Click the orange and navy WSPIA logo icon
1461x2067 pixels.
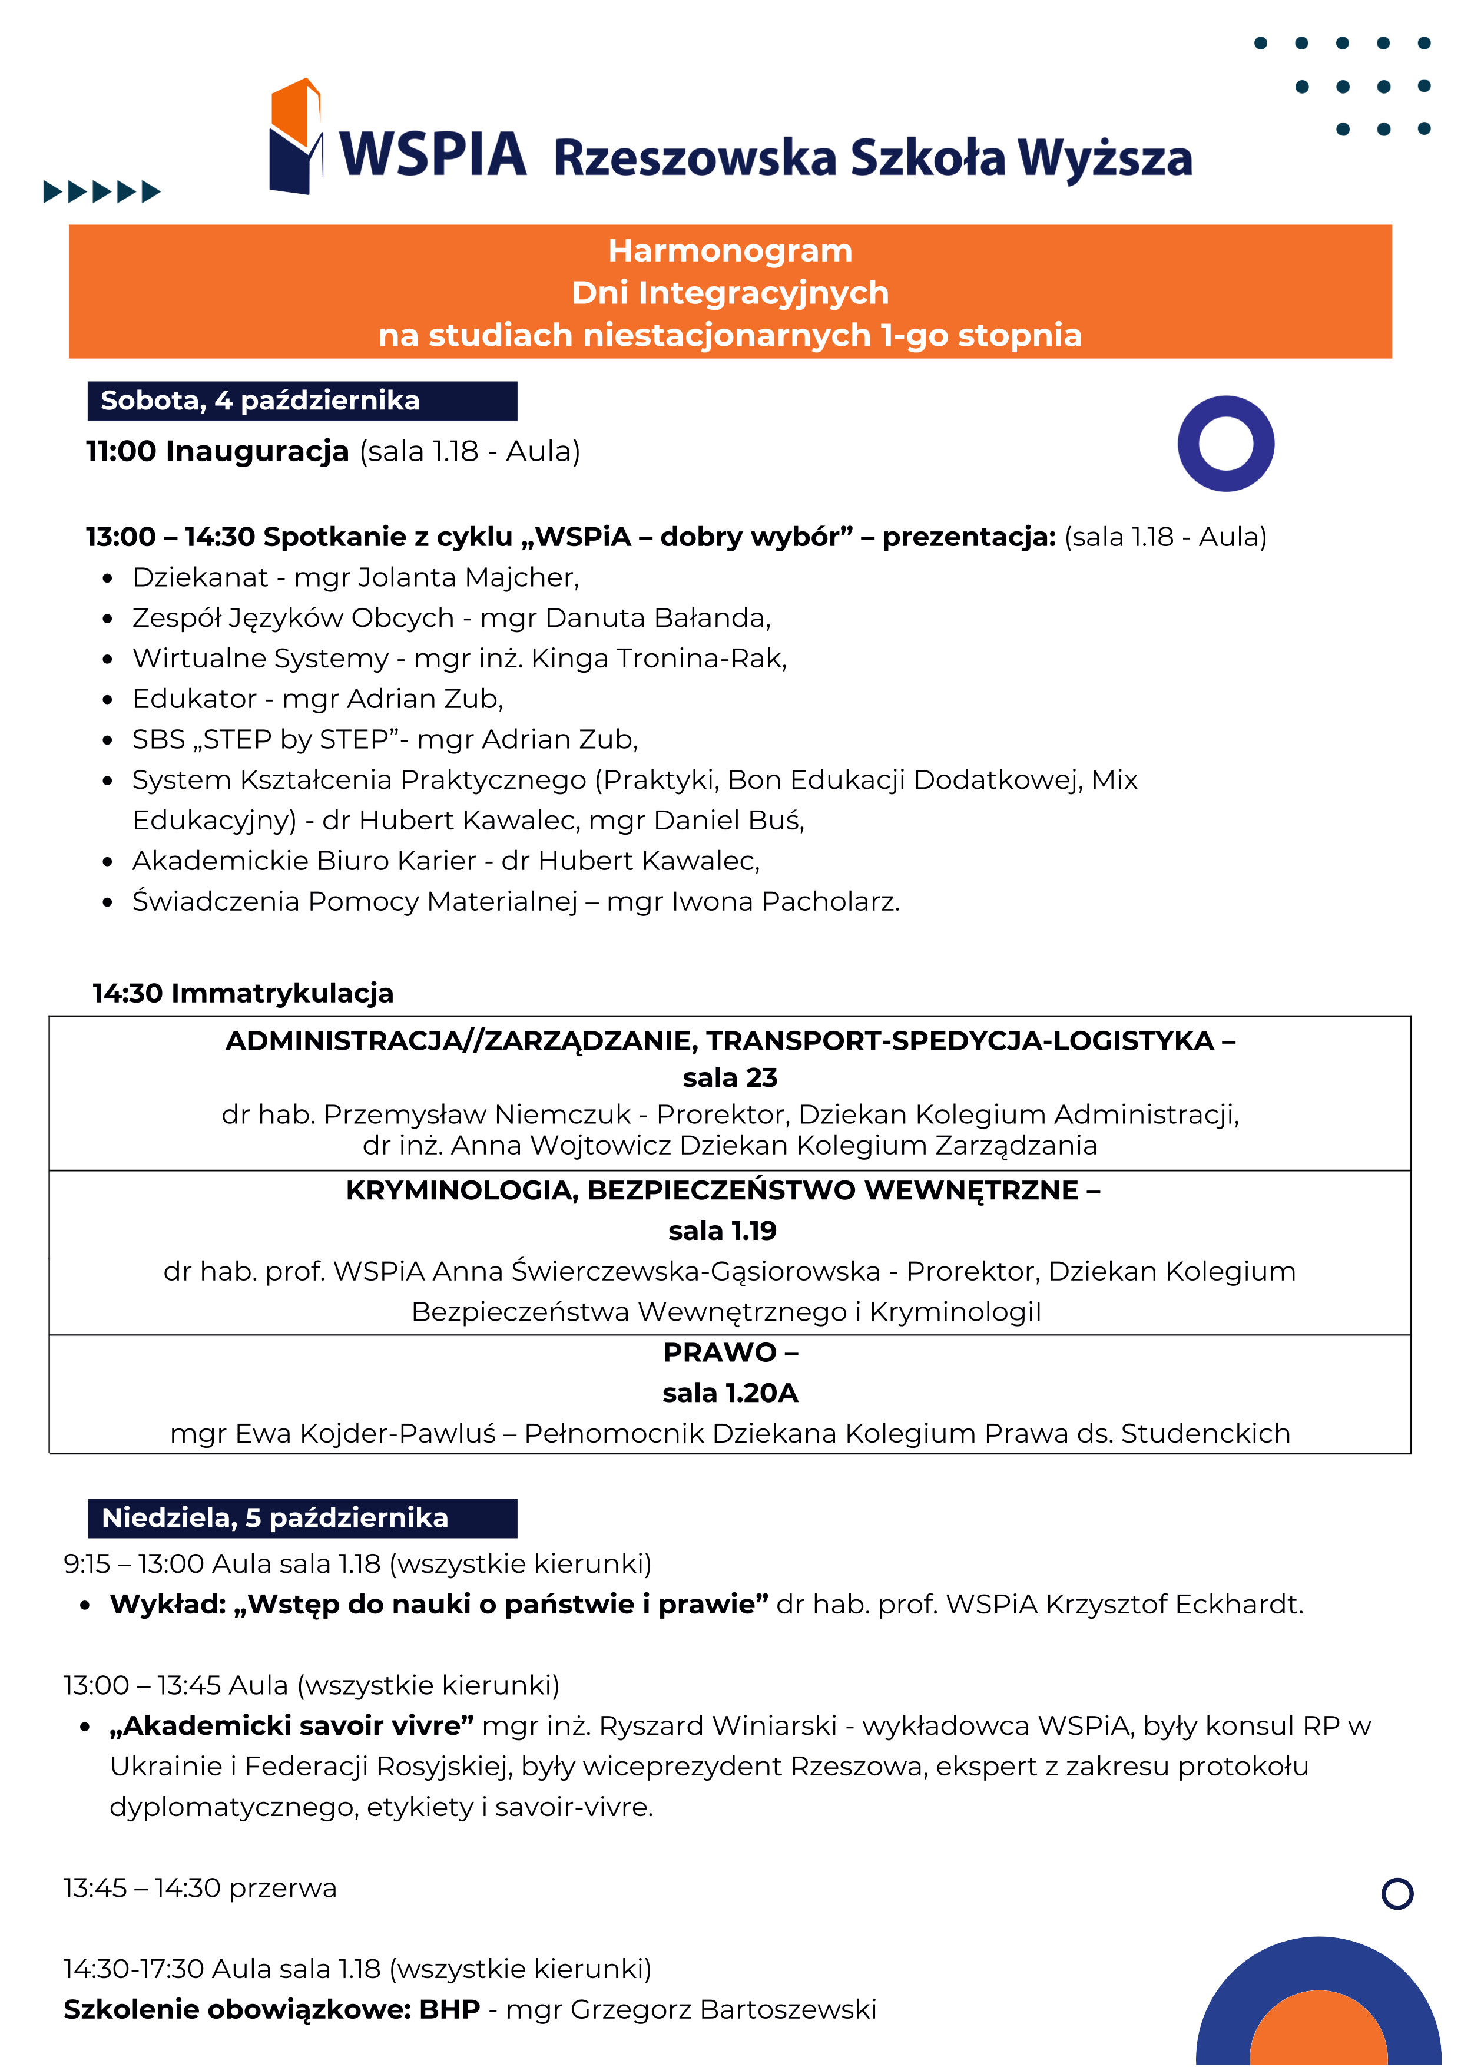(295, 137)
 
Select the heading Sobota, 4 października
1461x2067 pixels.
(260, 401)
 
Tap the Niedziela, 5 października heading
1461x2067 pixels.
(274, 1518)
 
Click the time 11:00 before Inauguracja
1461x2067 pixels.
(121, 451)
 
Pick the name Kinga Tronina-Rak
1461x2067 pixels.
(657, 658)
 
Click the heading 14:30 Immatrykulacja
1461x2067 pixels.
(243, 993)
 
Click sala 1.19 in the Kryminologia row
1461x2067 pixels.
(722, 1230)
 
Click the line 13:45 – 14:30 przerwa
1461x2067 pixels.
(200, 1888)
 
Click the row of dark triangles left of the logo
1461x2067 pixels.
(102, 191)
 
